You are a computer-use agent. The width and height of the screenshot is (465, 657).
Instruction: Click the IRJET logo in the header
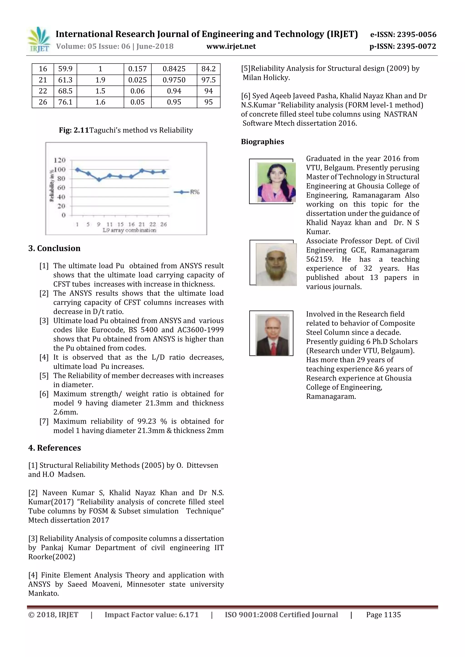click(x=38, y=39)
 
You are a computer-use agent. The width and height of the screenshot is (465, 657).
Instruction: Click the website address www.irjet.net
click(x=231, y=46)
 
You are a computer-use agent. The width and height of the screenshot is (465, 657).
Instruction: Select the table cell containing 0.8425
click(x=174, y=69)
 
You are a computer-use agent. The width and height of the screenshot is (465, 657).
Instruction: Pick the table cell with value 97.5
click(x=208, y=80)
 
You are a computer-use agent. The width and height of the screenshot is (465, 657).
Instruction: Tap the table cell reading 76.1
click(x=65, y=102)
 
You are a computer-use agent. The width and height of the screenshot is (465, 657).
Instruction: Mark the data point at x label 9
click(x=99, y=180)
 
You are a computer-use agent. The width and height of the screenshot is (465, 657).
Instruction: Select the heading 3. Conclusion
click(x=54, y=248)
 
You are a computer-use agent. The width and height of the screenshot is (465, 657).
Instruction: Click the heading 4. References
click(x=54, y=448)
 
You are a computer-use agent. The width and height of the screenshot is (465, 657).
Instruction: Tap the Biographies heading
click(x=262, y=142)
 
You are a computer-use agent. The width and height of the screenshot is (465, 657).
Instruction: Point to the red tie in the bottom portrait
click(x=274, y=348)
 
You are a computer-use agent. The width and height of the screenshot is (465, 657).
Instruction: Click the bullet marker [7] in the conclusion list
click(x=44, y=422)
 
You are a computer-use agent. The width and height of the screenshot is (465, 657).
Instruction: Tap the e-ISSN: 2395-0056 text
click(x=403, y=35)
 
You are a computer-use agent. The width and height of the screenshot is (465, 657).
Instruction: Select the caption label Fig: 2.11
click(x=74, y=130)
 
